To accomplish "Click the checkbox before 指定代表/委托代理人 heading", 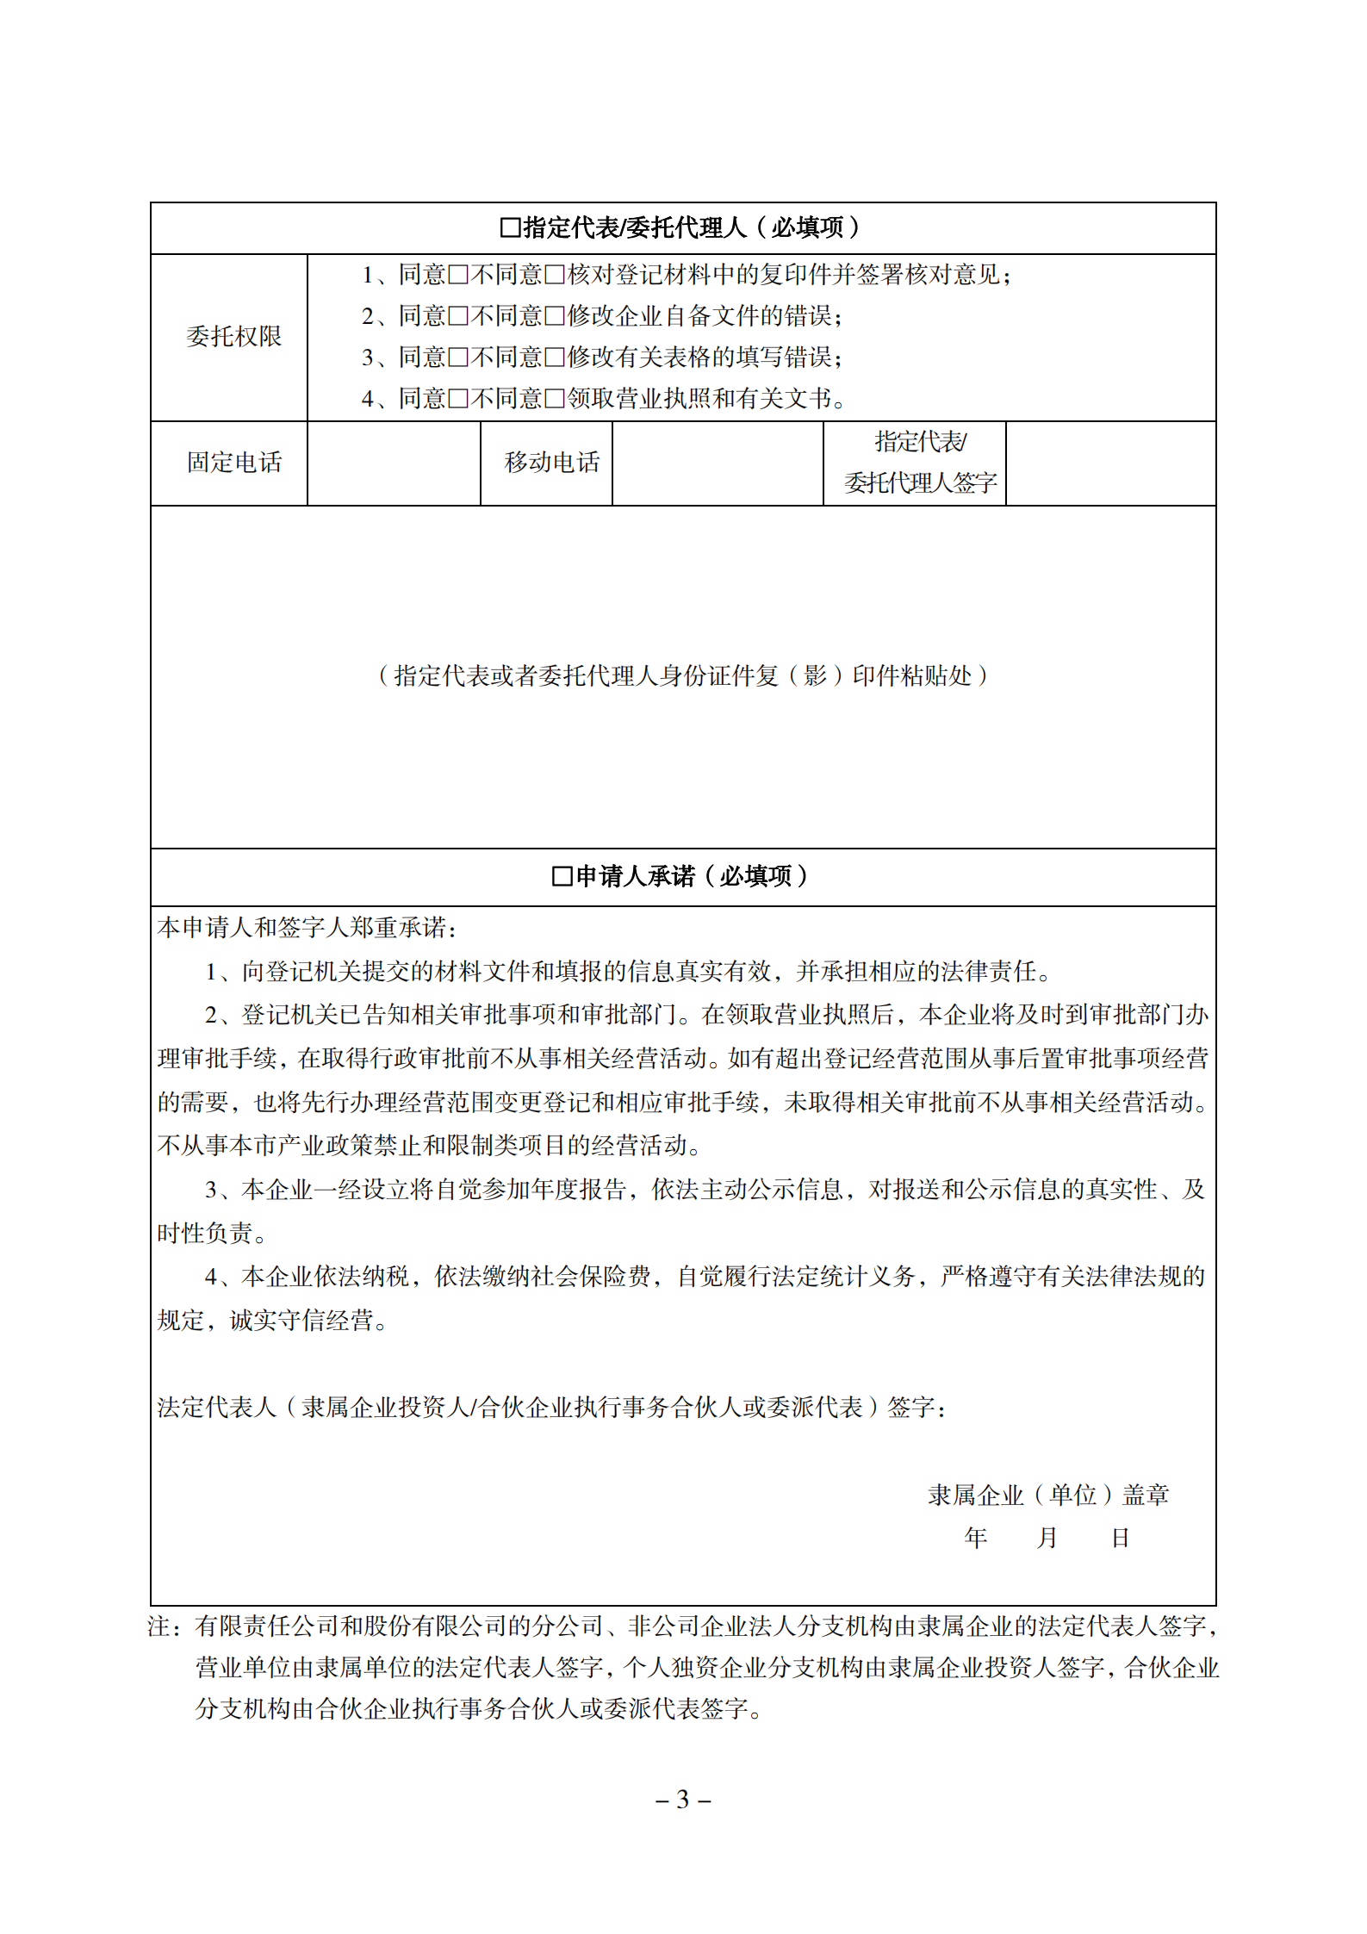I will coord(510,228).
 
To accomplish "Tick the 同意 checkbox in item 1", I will coord(457,276).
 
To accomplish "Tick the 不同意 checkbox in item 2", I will coord(555,317).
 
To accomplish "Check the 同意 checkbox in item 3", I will coord(457,358).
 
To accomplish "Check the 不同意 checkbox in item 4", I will coord(555,400).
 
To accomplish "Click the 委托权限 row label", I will coord(233,337).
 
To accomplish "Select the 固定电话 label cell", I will coord(233,463).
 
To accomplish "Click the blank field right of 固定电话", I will coord(394,463).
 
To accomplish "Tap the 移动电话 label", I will coord(551,463).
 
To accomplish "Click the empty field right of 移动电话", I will coord(718,463).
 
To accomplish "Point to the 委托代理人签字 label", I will coord(920,483).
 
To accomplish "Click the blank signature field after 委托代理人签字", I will coord(1110,463).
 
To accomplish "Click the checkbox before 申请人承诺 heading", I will coord(562,877).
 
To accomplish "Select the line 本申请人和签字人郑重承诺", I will coord(307,928).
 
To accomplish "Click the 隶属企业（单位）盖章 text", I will coord(1047,1496).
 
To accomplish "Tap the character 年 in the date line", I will coord(975,1538).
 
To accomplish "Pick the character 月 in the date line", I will coord(1047,1538).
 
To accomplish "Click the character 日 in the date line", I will coord(1120,1538).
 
